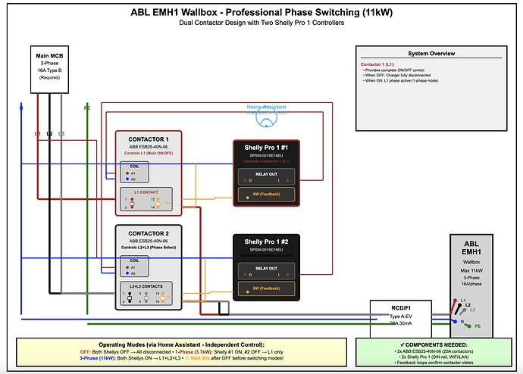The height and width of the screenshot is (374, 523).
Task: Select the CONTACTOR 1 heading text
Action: pos(149,139)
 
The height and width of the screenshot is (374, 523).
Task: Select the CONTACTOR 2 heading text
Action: pos(149,232)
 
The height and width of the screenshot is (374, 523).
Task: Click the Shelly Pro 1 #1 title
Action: pos(265,147)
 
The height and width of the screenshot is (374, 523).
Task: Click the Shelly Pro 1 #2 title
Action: pos(265,241)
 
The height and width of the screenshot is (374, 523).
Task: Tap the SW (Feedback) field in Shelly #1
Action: pos(265,195)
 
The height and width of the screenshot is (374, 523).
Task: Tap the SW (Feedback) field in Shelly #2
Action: pos(265,288)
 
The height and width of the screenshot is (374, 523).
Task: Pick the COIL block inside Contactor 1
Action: pos(149,173)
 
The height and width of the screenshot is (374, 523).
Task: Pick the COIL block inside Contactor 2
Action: pos(149,266)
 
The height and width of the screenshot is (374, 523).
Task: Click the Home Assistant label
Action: pos(266,108)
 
